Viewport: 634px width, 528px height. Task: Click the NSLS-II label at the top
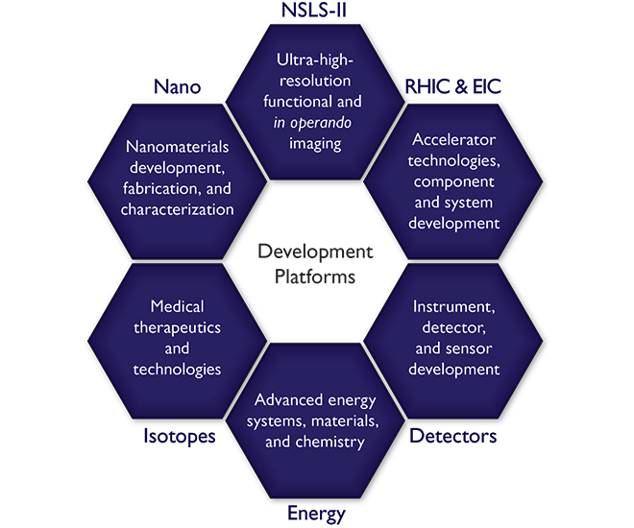pyautogui.click(x=316, y=13)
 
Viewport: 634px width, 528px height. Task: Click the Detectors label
pyautogui.click(x=453, y=437)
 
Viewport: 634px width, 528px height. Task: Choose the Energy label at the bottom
pyautogui.click(x=315, y=514)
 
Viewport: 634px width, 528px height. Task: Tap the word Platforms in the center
pyautogui.click(x=315, y=277)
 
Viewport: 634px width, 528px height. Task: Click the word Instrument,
pyautogui.click(x=454, y=306)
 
